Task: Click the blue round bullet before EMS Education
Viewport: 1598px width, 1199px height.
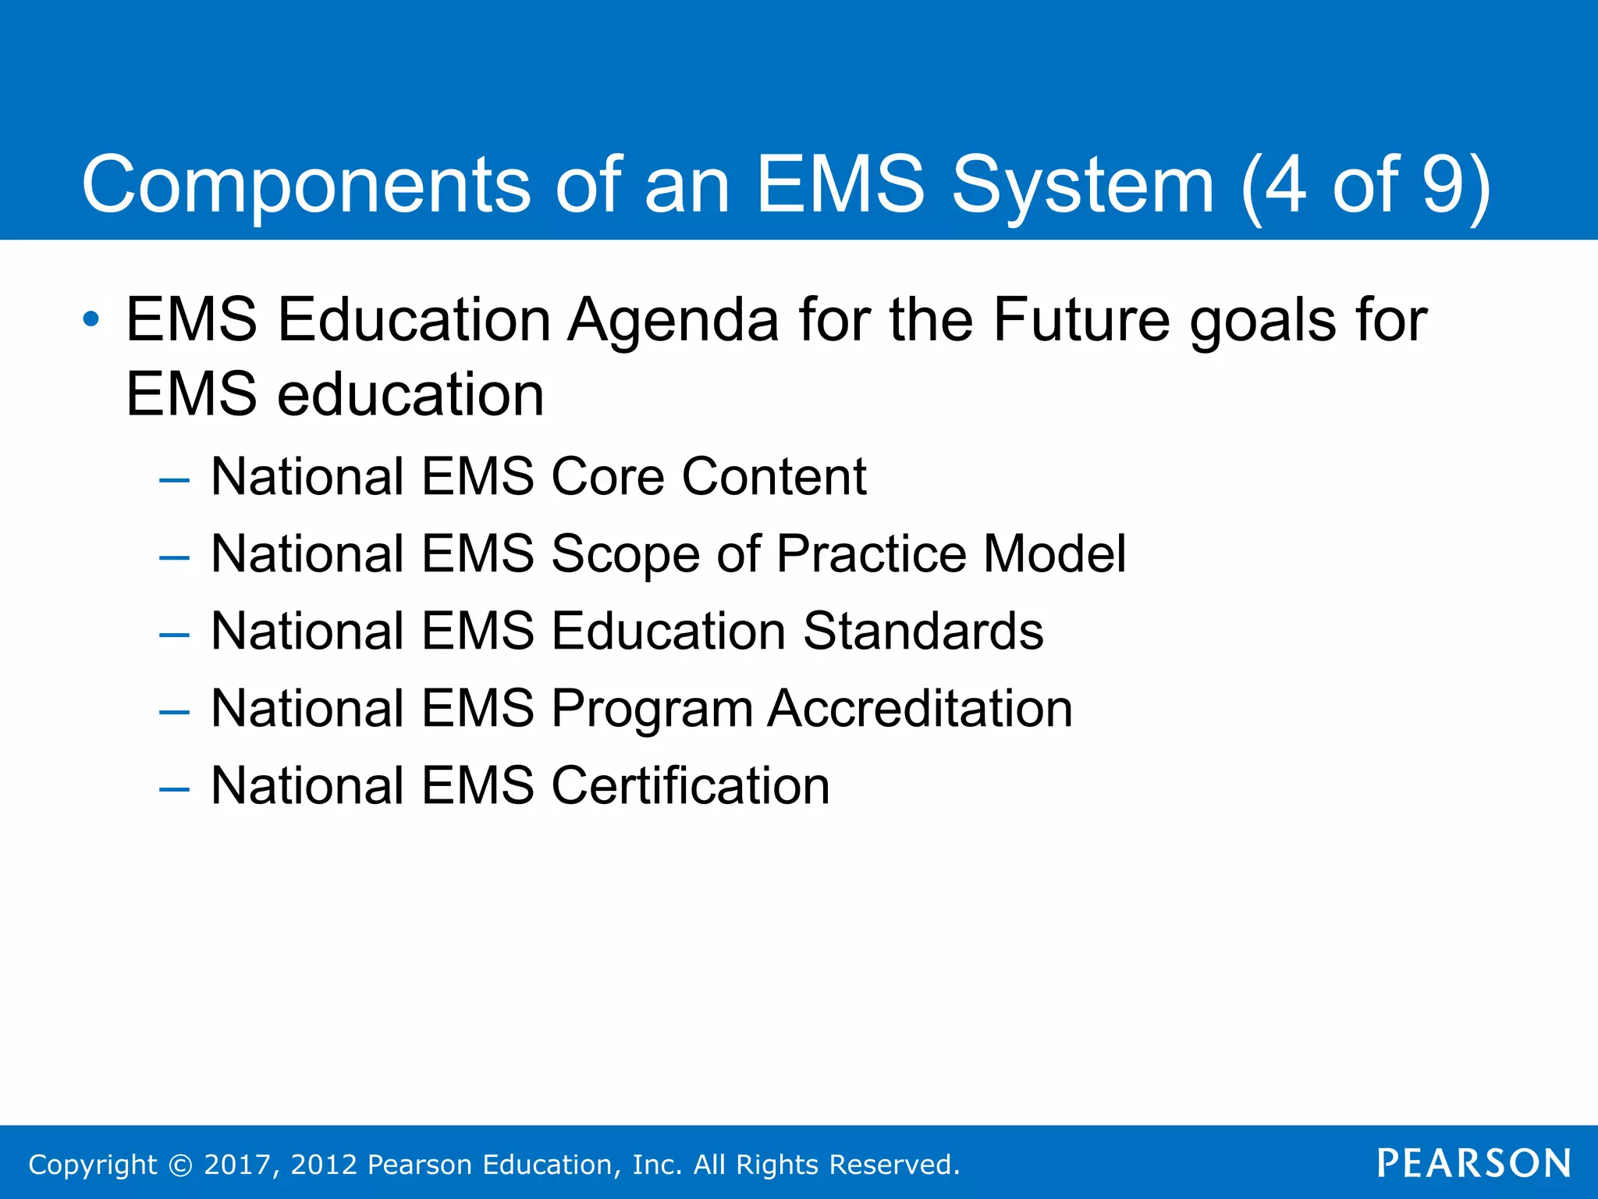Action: pos(91,319)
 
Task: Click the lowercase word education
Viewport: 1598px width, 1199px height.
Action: pos(410,394)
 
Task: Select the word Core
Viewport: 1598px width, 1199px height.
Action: pos(607,476)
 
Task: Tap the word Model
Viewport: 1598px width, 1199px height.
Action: pos(1054,553)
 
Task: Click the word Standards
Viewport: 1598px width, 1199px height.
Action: pos(923,631)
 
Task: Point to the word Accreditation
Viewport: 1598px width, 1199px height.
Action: pos(920,708)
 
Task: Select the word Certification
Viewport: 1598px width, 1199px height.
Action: pos(691,785)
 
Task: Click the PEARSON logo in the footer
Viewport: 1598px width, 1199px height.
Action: pos(1474,1163)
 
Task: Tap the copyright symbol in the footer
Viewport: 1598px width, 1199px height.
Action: pos(180,1165)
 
